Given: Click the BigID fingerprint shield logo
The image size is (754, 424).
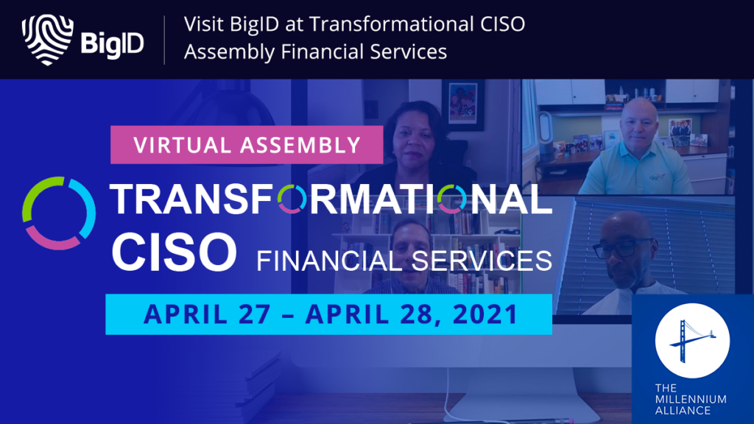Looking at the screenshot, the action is pyautogui.click(x=46, y=40).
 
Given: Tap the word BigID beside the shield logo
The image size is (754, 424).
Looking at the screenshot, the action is pyautogui.click(x=112, y=44).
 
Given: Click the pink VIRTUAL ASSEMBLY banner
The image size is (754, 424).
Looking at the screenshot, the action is pyautogui.click(x=247, y=145).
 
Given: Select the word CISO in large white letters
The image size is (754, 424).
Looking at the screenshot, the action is pyautogui.click(x=174, y=252).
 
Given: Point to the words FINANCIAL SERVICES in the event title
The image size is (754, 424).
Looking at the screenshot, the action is pyautogui.click(x=404, y=261).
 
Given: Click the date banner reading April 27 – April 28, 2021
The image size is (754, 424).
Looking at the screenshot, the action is pyautogui.click(x=329, y=314).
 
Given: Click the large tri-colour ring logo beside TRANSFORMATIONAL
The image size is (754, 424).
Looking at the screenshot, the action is pyautogui.click(x=59, y=213).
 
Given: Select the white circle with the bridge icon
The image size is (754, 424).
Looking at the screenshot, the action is pyautogui.click(x=692, y=340).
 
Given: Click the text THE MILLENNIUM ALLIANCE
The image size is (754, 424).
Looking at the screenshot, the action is pyautogui.click(x=691, y=399).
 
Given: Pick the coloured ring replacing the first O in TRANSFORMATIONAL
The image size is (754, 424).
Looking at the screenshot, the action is pyautogui.click(x=292, y=199).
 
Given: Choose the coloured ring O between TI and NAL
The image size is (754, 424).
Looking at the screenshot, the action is pyautogui.click(x=452, y=199).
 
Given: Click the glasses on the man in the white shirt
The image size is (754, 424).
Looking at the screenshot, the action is pyautogui.click(x=621, y=249).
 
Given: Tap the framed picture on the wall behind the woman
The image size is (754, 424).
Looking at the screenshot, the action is pyautogui.click(x=463, y=105).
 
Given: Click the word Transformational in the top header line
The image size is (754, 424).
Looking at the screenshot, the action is pyautogui.click(x=391, y=24).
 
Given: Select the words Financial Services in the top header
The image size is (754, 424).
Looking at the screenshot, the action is pyautogui.click(x=364, y=52).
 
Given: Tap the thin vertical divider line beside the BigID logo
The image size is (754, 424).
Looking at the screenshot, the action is pyautogui.click(x=164, y=40).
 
